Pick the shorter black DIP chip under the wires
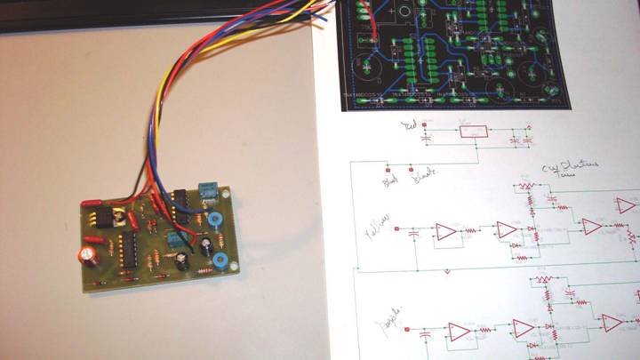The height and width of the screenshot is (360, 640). coord(178,204)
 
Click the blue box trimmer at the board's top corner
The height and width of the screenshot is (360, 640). coord(208,190)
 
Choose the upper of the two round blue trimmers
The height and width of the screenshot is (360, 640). coord(214,222)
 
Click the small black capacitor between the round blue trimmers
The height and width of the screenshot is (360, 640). coord(207,243)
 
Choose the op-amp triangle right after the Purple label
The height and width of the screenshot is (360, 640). coord(459,331)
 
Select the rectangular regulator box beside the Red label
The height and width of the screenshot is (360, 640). coord(471,132)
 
